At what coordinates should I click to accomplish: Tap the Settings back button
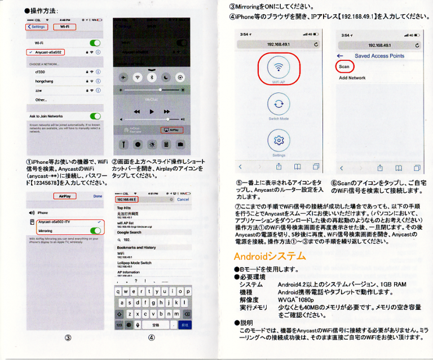click(37, 26)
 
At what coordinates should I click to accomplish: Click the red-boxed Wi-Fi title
click(64, 26)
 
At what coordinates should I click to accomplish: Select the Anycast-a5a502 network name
click(47, 52)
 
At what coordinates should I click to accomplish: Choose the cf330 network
click(40, 72)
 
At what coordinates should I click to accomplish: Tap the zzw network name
click(39, 90)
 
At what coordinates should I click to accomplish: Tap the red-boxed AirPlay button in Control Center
click(173, 130)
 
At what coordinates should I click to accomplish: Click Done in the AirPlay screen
click(98, 196)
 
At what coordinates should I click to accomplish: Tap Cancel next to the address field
click(183, 199)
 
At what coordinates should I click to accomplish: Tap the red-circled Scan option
click(344, 66)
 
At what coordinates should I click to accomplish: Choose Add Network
click(352, 78)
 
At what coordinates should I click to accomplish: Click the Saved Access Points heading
click(379, 56)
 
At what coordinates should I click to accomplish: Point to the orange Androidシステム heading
click(269, 256)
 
